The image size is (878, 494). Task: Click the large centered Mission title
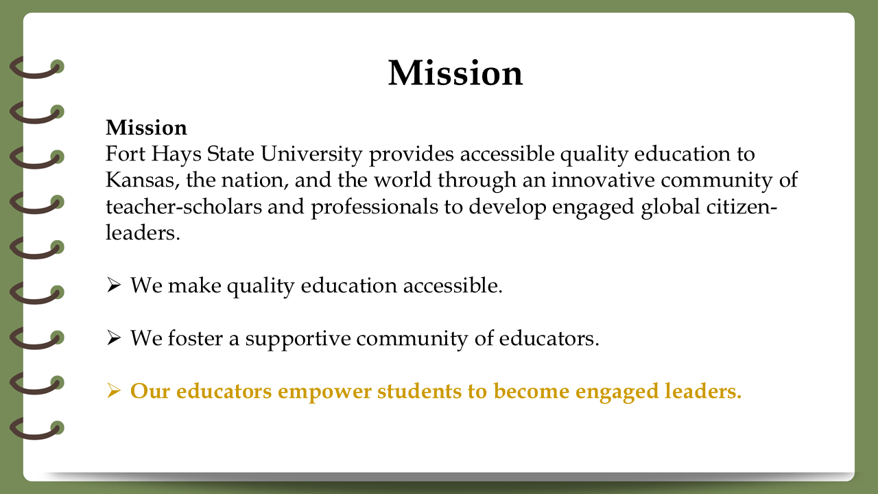[455, 73]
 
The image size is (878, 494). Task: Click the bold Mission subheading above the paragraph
[146, 128]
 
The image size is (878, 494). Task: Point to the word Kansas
[143, 180]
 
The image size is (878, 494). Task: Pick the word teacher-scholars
[184, 207]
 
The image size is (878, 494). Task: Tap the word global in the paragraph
[670, 207]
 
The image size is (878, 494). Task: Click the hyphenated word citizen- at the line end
[741, 207]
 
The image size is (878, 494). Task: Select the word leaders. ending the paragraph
[143, 233]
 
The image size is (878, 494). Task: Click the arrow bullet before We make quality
[114, 285]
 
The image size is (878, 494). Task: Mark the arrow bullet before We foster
[114, 338]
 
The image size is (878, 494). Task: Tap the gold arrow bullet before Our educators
[114, 391]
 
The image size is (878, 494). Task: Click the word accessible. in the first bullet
[453, 285]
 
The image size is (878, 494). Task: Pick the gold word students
[419, 391]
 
